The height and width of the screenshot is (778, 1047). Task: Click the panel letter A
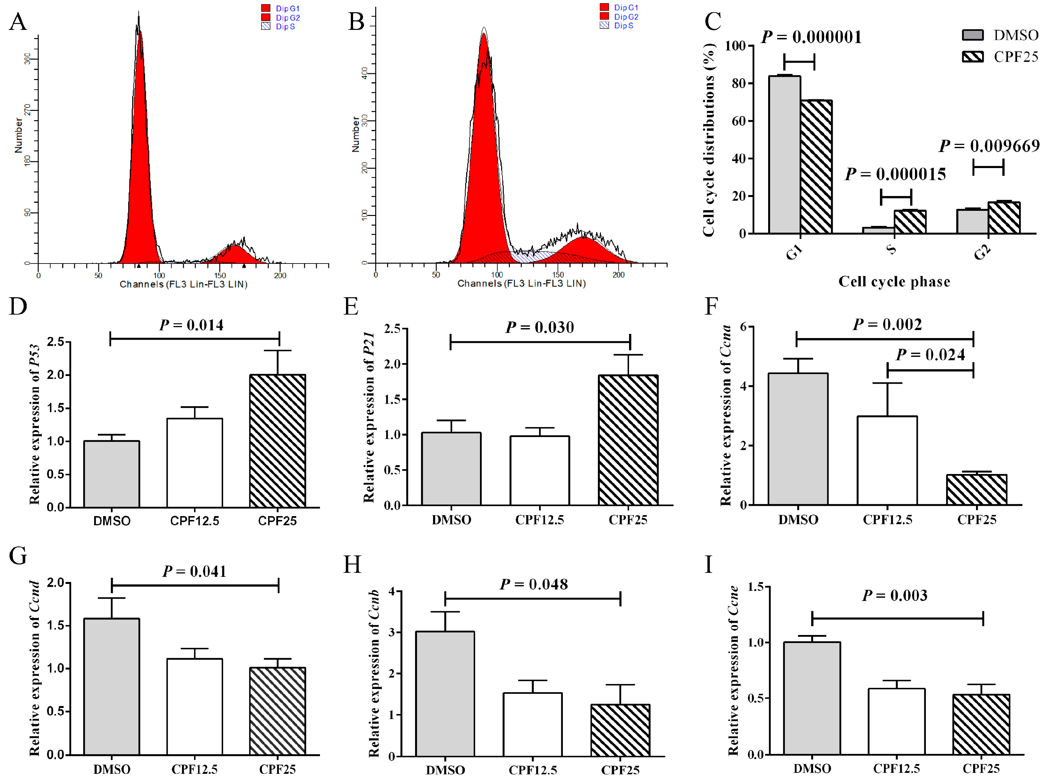(x=18, y=22)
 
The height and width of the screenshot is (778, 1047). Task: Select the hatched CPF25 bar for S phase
(x=909, y=222)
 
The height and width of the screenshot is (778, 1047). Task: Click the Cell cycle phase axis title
(x=893, y=282)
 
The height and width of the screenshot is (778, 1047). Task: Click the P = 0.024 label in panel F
(x=930, y=355)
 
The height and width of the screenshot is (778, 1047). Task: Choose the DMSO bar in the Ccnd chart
(x=111, y=686)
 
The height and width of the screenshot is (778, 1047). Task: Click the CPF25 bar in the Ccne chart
(x=980, y=724)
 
